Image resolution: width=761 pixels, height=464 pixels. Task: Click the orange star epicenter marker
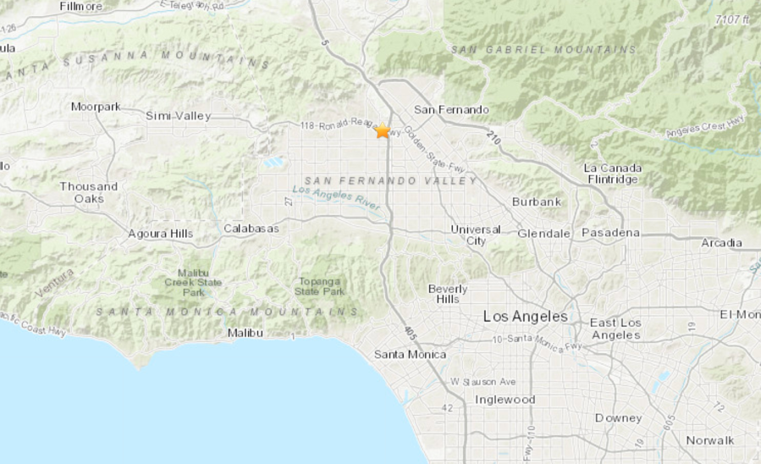coord(383,130)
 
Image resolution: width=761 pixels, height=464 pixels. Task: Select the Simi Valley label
coord(178,116)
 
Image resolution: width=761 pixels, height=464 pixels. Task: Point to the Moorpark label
coord(96,107)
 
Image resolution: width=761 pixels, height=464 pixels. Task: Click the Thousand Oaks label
coord(88,192)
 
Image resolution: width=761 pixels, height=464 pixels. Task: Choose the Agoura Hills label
coord(160,234)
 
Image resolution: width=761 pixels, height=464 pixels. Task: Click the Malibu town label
coord(246,334)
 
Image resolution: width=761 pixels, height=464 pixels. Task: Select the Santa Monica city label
coord(410,354)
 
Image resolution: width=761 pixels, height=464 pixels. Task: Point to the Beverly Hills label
coord(448,293)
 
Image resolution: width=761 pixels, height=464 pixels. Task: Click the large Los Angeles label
coord(526,316)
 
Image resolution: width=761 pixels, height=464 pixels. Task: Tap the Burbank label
coord(537,202)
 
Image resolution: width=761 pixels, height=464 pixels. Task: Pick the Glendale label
coord(545,233)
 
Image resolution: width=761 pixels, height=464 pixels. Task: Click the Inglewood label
coord(505,400)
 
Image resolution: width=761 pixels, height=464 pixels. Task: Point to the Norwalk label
coord(710,440)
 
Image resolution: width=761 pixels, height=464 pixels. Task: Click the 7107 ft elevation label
coord(732,19)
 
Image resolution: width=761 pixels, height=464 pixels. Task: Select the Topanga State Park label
coord(319,286)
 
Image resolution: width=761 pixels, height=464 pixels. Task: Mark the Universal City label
coord(476,235)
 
